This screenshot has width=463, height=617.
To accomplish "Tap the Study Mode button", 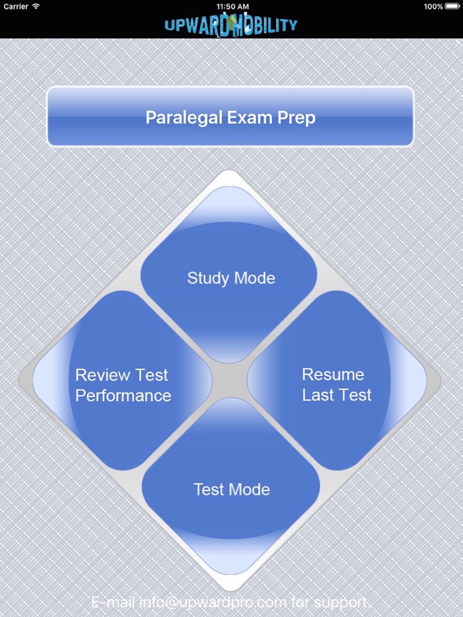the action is point(229,275).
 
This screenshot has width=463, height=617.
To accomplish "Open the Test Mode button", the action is point(231,486).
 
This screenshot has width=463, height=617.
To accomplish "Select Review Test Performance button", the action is point(122,380).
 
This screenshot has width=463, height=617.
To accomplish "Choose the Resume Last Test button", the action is point(337,380).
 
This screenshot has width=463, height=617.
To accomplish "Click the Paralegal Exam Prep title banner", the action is point(231,117).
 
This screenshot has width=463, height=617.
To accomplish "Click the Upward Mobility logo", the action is point(231,25).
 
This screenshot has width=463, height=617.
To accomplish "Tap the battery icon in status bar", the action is point(452,6).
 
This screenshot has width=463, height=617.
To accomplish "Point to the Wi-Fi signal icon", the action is point(36,6).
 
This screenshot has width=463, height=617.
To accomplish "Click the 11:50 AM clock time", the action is point(232,6).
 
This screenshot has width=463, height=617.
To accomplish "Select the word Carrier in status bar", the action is point(16,6).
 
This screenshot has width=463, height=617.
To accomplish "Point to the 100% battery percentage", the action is point(433,6).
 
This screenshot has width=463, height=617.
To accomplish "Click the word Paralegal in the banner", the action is point(184,117).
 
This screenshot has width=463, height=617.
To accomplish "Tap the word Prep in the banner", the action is point(296,118).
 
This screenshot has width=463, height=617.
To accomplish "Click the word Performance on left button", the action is point(123,395).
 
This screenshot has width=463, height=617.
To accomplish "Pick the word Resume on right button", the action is point(333,375).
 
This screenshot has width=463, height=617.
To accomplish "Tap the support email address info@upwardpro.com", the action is point(213,602).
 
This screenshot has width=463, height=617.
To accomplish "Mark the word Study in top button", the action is point(208,278).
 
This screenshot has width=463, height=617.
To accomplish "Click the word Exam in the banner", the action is point(250,117).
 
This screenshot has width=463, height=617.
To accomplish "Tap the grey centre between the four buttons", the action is point(230,381).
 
